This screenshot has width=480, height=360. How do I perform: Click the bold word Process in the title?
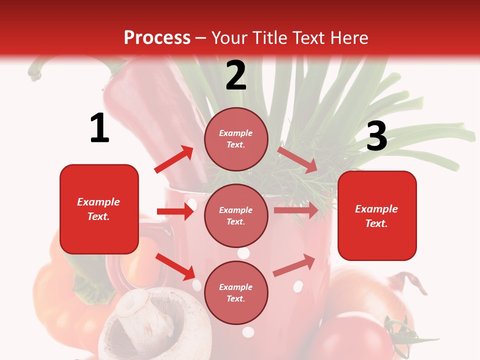pos(157,37)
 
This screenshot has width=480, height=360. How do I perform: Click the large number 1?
pos(99,128)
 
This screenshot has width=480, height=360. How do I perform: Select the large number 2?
pos(236,75)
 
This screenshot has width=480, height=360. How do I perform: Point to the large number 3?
pos(377,136)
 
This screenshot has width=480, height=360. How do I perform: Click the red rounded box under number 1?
pos(99,209)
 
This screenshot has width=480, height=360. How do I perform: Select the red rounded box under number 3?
pos(377,215)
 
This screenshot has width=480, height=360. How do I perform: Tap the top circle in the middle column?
pos(236,139)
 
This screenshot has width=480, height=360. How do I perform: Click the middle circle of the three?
pos(236,215)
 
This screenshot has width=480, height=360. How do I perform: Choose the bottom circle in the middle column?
pos(236,292)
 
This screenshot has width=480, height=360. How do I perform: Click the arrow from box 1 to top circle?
pos(174,159)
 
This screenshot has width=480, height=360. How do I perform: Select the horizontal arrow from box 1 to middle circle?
pos(175,211)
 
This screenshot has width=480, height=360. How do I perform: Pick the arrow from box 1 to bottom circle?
pos(175,266)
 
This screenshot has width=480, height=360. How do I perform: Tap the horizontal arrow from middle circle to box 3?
pos(296,210)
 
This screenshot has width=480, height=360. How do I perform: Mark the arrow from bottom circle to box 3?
pos(294,265)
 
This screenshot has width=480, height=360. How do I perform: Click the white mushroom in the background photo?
pos(145,320)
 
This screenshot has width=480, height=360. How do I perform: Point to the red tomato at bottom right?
pos(350,335)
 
